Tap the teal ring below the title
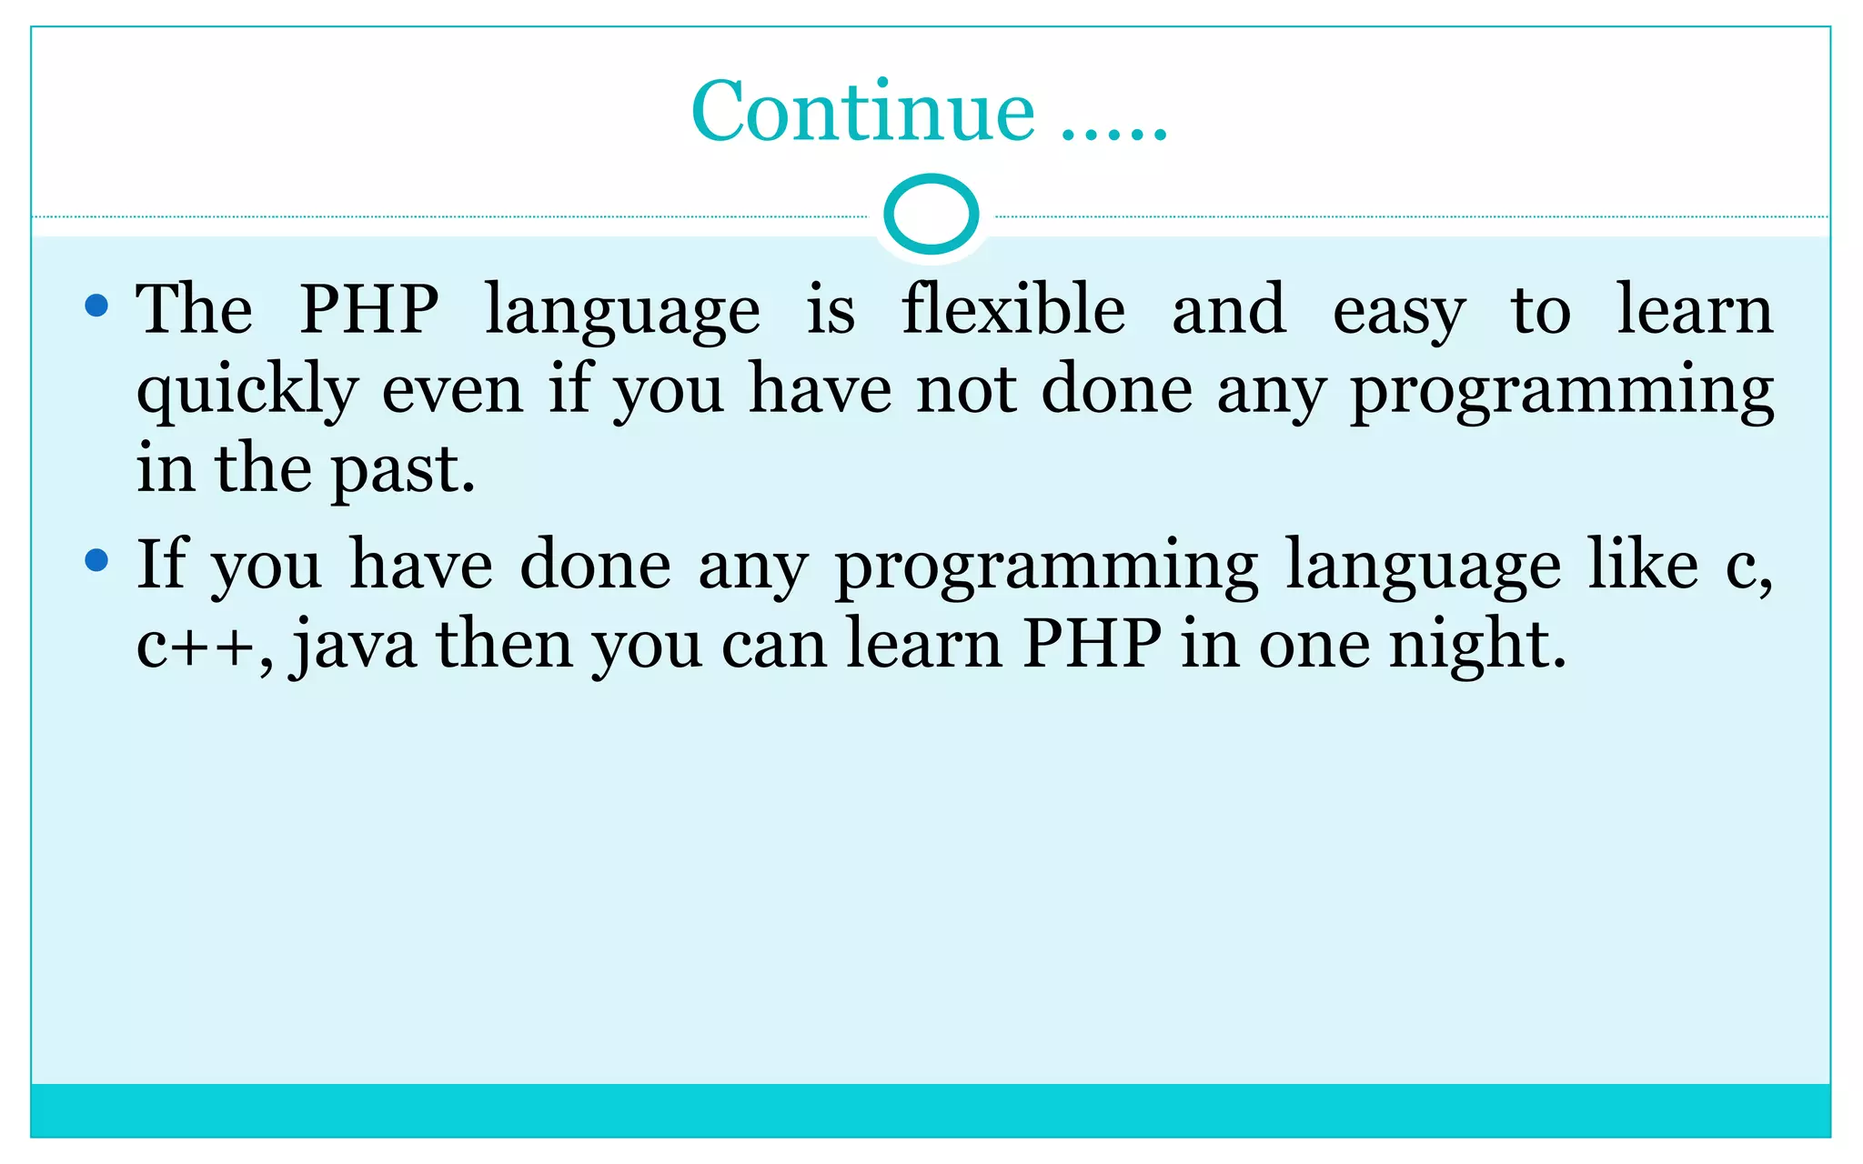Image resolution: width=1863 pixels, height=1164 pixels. pyautogui.click(x=931, y=215)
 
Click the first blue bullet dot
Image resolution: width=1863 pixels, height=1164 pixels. pyautogui.click(x=96, y=305)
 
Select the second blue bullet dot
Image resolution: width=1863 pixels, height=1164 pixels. pyautogui.click(x=96, y=559)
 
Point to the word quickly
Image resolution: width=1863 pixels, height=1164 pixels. pyautogui.click(x=247, y=391)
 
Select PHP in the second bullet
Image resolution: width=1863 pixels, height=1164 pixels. pyautogui.click(x=1092, y=644)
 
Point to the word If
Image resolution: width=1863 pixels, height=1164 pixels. pyautogui.click(x=161, y=564)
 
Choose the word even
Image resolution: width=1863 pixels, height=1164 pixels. pyautogui.click(x=452, y=391)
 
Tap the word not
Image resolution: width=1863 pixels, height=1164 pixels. pyautogui.click(x=965, y=391)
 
